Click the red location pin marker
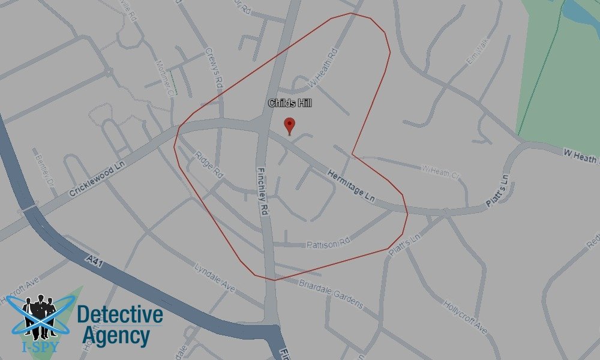(x=290, y=125)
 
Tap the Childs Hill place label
(x=290, y=104)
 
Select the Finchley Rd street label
(x=263, y=190)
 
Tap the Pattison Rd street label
(x=328, y=244)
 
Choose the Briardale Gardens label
(x=332, y=295)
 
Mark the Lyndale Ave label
(x=214, y=277)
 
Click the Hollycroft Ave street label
(x=464, y=314)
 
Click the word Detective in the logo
(x=120, y=314)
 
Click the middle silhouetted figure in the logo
(x=40, y=312)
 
